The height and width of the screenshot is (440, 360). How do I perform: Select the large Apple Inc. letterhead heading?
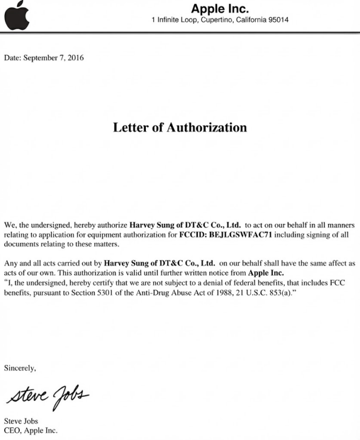coord(219,8)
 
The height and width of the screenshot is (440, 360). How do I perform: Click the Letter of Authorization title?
coord(180,127)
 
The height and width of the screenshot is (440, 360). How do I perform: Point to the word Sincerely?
coord(20,368)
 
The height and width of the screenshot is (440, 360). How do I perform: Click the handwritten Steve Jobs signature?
coord(48,395)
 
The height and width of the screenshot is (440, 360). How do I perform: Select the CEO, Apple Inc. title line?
coord(30,431)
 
